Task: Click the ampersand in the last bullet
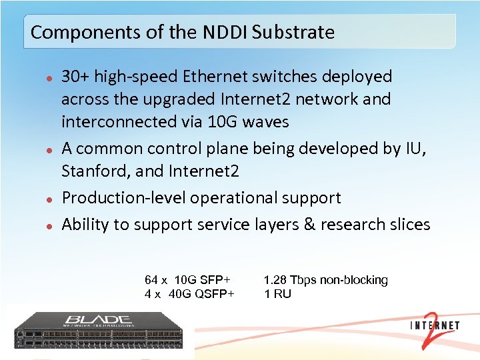click(309, 225)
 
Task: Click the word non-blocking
click(354, 280)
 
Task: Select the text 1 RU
click(277, 294)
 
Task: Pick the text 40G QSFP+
click(201, 294)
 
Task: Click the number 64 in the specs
click(151, 280)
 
